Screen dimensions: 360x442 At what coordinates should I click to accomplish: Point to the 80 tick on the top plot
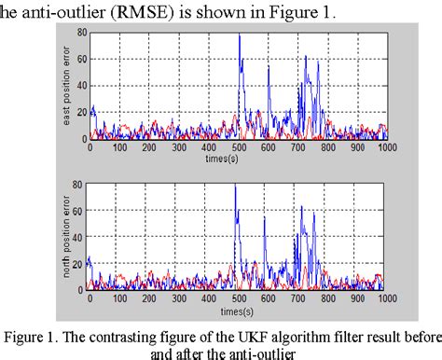82,34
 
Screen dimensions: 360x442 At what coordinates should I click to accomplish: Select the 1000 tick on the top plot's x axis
384,148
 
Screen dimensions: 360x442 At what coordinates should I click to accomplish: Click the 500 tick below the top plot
238,148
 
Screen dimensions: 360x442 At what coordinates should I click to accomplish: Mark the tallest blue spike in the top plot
240,36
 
